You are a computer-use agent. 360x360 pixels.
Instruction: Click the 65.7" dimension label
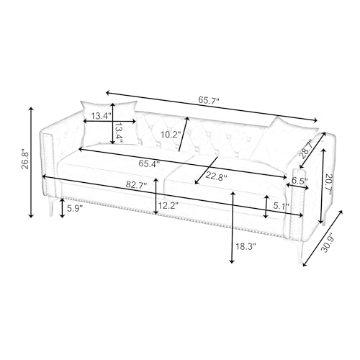209,100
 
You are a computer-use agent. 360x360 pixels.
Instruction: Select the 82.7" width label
136,185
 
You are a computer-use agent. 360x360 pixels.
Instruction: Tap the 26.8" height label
26,160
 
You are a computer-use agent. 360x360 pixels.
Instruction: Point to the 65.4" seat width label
149,163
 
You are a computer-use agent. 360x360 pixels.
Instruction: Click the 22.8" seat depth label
216,177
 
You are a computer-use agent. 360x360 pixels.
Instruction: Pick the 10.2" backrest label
171,135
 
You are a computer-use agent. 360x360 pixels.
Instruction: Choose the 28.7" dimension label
307,150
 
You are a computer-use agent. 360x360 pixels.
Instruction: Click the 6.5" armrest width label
300,181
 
